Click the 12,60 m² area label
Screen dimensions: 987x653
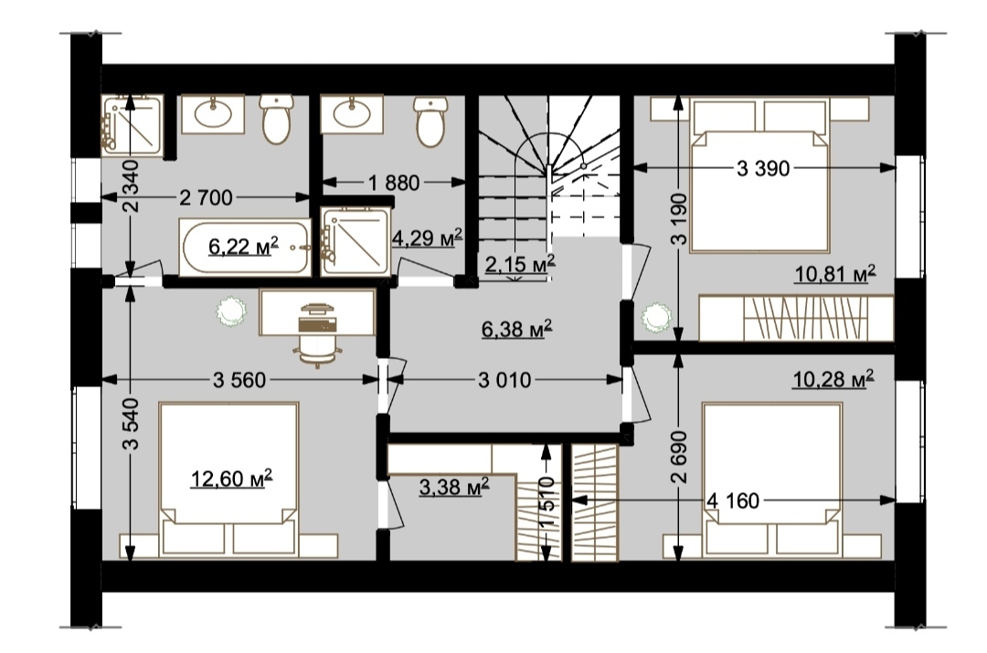click(231, 479)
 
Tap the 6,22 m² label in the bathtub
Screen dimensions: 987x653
click(244, 247)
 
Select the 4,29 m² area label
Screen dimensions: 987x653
click(428, 237)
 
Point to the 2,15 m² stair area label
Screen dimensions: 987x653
click(520, 264)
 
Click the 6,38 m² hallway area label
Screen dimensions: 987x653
click(517, 329)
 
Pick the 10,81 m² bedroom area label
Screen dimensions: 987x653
click(835, 274)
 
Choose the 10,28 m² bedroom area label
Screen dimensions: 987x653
click(833, 380)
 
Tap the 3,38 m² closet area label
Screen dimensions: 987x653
click(454, 486)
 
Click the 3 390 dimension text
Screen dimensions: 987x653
click(763, 169)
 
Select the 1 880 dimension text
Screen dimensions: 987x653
click(394, 183)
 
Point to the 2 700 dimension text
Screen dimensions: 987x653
click(206, 198)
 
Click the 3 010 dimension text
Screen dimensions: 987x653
click(504, 380)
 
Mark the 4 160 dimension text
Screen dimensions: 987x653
click(733, 501)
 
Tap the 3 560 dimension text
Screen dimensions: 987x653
click(239, 380)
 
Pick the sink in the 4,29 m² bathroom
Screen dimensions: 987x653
click(352, 114)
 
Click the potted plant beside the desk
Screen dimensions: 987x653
click(230, 311)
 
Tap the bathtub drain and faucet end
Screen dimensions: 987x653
click(300, 248)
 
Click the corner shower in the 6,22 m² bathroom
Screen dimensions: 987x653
click(133, 125)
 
